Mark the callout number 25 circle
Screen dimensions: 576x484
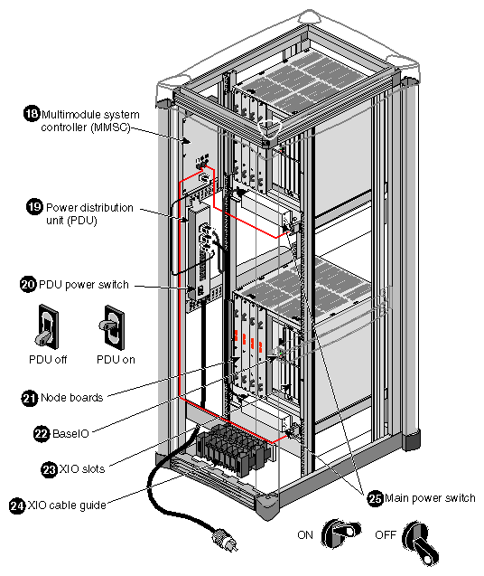[374, 496]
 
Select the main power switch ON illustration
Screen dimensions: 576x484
[340, 535]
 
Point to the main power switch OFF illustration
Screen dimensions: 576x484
[417, 537]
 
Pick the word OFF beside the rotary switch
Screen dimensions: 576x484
[386, 535]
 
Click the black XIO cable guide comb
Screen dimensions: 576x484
[233, 449]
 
